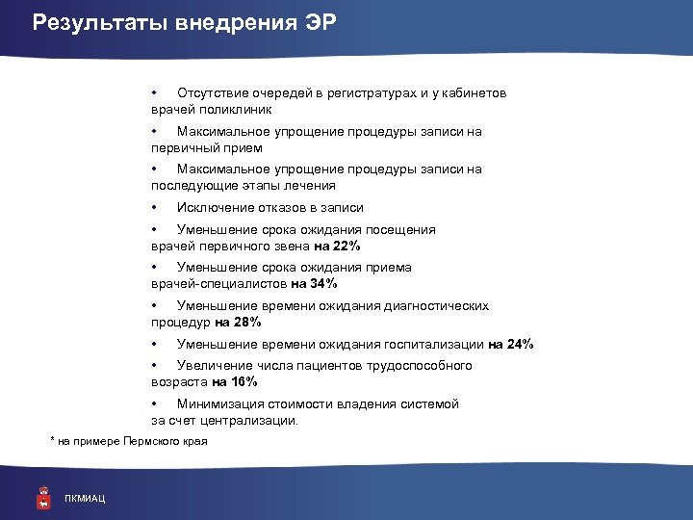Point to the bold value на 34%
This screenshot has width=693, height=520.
[314, 283]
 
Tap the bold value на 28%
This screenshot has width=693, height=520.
[238, 322]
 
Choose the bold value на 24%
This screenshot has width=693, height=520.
[510, 344]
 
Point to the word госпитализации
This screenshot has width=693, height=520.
[436, 344]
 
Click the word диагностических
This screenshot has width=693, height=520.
[438, 306]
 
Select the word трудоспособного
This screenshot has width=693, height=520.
[422, 366]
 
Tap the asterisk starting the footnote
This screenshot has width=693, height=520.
[52, 440]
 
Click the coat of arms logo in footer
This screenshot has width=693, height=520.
[42, 495]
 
